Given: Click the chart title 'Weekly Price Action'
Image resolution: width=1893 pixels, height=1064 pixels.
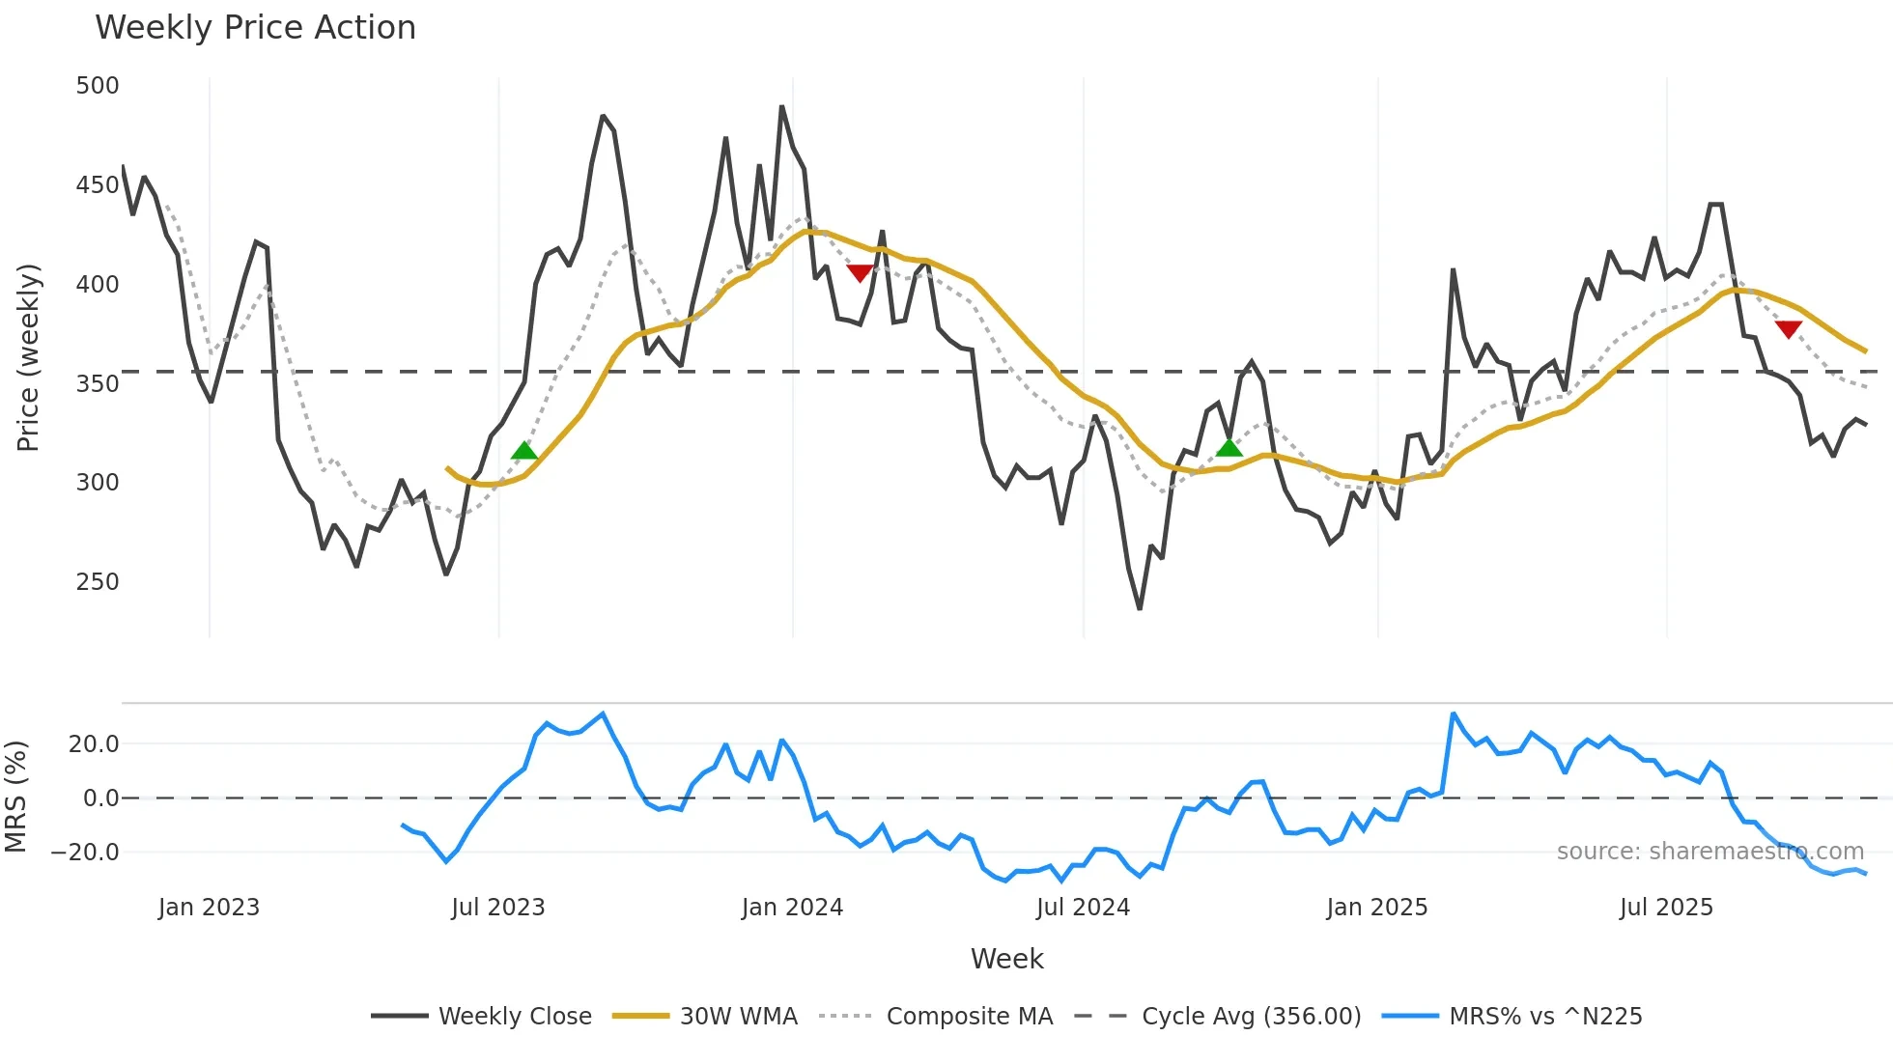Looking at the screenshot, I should pos(255,28).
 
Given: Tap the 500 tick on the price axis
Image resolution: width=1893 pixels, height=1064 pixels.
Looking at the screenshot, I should pos(98,86).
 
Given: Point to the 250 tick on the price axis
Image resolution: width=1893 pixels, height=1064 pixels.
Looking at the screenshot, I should pos(98,582).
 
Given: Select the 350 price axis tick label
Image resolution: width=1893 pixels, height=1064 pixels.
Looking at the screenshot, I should pos(98,384).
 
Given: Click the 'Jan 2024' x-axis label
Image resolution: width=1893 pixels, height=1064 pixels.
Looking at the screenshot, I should pos(792,908).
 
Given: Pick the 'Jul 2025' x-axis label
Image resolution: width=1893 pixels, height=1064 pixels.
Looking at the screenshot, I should pos(1666,908).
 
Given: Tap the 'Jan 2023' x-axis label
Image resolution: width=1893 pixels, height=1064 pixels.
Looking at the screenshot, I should pos(209,908).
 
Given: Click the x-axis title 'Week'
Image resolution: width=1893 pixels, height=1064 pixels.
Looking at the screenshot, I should pos(1006,959).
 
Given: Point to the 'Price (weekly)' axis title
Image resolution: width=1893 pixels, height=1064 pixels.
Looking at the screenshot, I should pos(29,357).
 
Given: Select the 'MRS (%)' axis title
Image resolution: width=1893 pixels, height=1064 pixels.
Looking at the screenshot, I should pos(15,797).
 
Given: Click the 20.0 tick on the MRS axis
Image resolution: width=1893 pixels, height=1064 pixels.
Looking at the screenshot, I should pos(94,744).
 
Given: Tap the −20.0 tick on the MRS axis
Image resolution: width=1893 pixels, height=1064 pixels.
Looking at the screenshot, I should pos(85,853).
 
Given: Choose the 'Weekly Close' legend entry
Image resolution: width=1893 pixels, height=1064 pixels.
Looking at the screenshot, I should pos(515,1017).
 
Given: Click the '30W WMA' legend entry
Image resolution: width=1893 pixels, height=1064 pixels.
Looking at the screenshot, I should pos(738,1017).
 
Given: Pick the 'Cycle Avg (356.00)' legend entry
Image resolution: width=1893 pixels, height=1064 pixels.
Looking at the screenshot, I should pos(1251,1017).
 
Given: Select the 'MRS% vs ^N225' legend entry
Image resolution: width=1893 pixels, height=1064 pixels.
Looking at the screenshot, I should pos(1545,1017).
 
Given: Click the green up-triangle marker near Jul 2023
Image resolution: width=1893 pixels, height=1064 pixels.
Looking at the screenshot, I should pos(524,451).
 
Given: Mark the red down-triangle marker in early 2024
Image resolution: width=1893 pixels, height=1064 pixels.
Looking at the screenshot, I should pos(860,273).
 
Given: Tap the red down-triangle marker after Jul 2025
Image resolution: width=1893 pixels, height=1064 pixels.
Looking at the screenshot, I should pos(1789,329).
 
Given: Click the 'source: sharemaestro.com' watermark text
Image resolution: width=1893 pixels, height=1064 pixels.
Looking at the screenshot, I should pos(1709,852).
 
